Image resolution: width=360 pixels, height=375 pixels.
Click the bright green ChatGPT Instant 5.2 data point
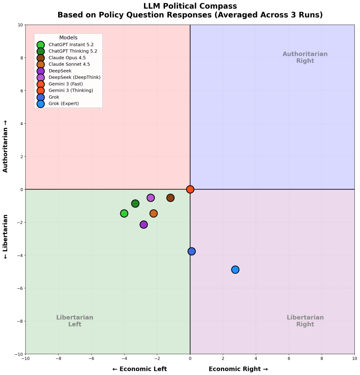click(124, 213)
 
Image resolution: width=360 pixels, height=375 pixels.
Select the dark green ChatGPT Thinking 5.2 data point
click(135, 204)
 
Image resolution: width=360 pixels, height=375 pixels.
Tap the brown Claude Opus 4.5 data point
click(170, 198)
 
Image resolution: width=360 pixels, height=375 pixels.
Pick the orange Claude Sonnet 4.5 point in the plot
click(153, 213)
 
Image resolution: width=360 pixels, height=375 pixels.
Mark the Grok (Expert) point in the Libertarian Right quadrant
click(235, 270)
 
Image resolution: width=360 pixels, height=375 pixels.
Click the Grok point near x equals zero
click(192, 251)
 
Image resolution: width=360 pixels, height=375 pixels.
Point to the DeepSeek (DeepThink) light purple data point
click(151, 198)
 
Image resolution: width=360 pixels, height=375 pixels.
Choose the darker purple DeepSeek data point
click(144, 225)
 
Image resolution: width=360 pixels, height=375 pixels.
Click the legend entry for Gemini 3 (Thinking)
click(70, 90)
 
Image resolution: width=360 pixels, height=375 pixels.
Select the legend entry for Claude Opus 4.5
click(67, 58)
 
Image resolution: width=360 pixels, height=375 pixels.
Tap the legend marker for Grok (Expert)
click(41, 103)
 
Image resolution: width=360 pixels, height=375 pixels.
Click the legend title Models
click(68, 38)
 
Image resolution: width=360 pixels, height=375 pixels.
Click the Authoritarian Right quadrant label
click(305, 57)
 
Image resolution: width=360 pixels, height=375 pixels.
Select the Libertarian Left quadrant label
click(75, 321)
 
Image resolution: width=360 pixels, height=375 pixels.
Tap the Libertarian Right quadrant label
click(305, 321)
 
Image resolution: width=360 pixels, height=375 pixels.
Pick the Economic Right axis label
click(238, 369)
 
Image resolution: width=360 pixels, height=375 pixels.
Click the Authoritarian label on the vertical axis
click(5, 146)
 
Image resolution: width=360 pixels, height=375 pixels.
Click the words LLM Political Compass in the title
click(190, 6)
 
